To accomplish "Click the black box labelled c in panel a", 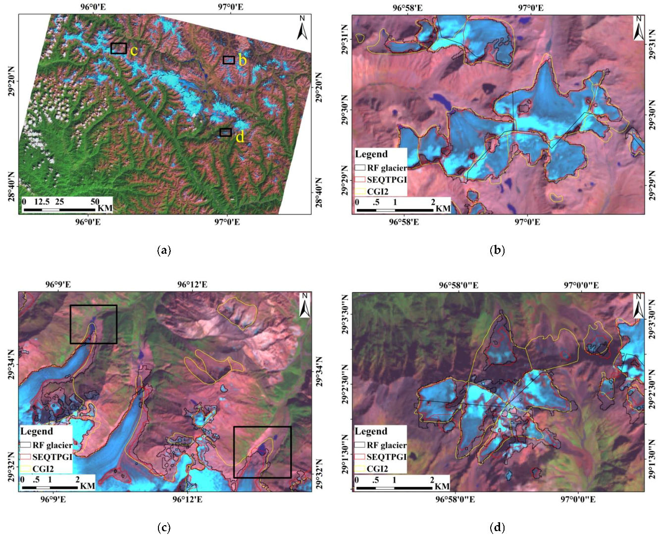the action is (x=118, y=48).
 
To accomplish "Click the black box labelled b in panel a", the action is (x=228, y=60).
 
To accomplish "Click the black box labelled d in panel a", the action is (x=225, y=132).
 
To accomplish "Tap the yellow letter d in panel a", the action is (x=240, y=137).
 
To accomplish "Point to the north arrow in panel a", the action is (x=302, y=28).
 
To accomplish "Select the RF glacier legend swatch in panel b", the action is (x=360, y=168).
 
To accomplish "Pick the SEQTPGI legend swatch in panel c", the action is (x=25, y=457).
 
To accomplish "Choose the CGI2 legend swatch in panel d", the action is (x=360, y=469).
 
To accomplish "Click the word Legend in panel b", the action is (x=371, y=154).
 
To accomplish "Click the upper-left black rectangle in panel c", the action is (x=94, y=324).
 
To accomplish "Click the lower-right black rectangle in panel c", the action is (x=262, y=452).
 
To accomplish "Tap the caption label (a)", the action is (x=164, y=250).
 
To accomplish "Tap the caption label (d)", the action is (x=497, y=528).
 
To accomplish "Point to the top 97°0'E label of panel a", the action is (x=231, y=7).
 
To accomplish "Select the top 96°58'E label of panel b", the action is (x=407, y=8).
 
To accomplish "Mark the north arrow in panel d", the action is (x=638, y=306).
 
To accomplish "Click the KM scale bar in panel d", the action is (x=395, y=488).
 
